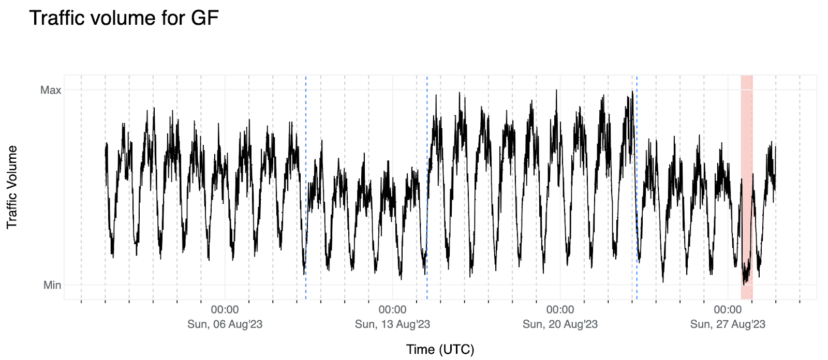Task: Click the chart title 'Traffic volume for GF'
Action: coord(124,18)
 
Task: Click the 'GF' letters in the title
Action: coord(205,18)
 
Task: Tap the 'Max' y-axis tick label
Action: coord(51,90)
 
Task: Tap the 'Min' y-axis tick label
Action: coord(52,285)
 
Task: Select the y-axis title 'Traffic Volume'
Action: coord(12,187)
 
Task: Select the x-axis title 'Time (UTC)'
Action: coord(440,350)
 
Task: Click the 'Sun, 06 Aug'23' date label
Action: coord(225,324)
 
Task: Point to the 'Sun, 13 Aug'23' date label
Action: coord(392,324)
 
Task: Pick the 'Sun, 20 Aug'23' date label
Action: coord(560,324)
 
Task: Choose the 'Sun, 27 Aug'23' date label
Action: coord(728,324)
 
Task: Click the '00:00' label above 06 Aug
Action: coord(225,310)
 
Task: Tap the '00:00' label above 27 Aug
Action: coord(728,310)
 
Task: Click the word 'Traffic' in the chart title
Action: coord(56,18)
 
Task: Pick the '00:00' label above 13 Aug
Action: coord(392,310)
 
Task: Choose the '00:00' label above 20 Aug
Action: coord(560,310)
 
